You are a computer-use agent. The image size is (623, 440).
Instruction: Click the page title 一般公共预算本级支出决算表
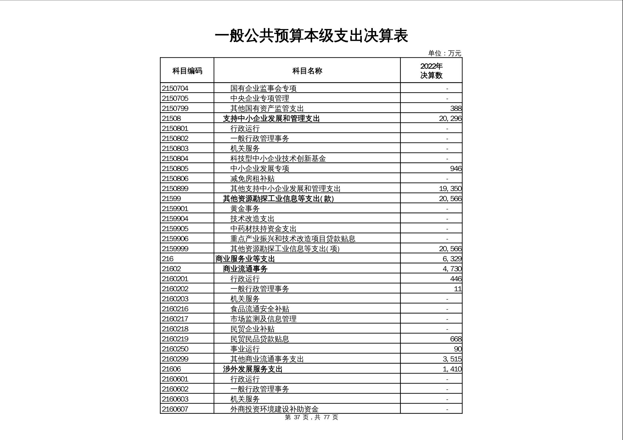pos(311,36)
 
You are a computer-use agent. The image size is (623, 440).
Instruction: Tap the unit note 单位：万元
pos(444,53)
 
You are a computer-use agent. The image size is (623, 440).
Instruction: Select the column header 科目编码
pos(187,71)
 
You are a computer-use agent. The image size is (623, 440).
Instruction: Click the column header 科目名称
pos(307,71)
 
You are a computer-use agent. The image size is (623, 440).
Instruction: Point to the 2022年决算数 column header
pos(431,71)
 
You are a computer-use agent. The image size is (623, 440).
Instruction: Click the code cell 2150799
pos(175,108)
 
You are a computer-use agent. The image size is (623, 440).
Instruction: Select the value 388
pos(456,108)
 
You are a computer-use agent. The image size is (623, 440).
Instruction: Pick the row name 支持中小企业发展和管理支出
pos(271,118)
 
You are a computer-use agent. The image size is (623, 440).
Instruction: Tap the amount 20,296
pos(450,118)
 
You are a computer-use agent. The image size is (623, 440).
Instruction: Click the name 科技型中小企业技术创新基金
pos(278,158)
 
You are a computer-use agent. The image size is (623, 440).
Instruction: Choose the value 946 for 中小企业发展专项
pos(456,169)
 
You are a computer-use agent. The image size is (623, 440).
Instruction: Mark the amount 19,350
pos(450,189)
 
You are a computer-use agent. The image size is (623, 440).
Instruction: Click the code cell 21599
pos(171,198)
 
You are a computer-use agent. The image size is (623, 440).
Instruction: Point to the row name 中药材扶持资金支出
pos(263,229)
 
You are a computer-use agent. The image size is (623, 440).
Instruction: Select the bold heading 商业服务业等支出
pos(245,259)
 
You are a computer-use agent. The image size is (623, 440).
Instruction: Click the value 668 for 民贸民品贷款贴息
pos(456,339)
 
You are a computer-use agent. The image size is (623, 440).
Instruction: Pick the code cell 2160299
pos(175,359)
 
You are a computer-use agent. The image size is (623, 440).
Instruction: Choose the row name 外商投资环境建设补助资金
pos(274,409)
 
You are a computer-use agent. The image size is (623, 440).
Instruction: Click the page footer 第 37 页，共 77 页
pos(311,417)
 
